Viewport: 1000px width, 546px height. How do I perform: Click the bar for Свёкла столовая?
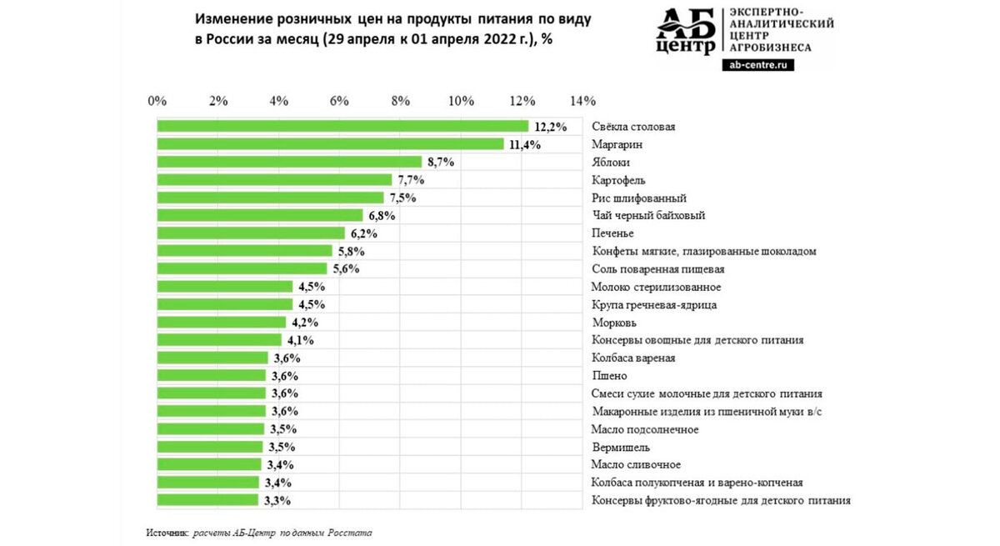point(342,126)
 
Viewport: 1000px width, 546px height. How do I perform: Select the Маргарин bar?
point(331,144)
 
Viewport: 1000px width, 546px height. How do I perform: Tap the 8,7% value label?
point(440,163)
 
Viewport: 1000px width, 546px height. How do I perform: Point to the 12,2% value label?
point(551,127)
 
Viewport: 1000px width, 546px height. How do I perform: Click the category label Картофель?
point(618,180)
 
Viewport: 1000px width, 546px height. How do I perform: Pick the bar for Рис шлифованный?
point(271,198)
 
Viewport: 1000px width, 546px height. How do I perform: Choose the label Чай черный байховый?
point(648,216)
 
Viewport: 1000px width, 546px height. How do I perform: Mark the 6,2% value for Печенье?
point(363,233)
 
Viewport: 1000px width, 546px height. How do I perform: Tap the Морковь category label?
point(614,323)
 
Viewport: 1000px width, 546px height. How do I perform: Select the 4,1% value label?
point(300,340)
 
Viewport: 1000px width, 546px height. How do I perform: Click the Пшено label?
point(609,376)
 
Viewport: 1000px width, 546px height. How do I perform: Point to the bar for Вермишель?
point(210,447)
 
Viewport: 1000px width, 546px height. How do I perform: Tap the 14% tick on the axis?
point(582,101)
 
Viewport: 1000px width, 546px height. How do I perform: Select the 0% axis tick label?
point(157,101)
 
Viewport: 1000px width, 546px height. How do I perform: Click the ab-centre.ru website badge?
point(757,64)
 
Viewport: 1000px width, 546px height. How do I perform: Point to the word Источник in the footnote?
point(167,531)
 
